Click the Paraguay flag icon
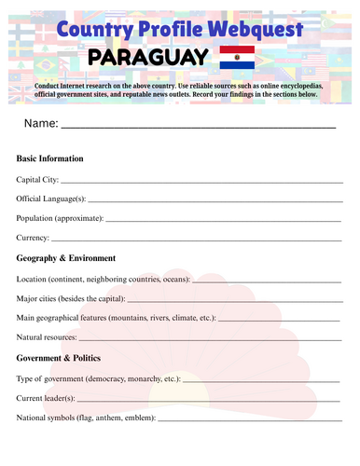point(237,60)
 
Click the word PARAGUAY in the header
point(147,61)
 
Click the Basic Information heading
point(50,158)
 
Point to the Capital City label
point(37,179)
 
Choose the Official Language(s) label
point(51,199)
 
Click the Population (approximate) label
point(60,218)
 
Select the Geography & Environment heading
point(66,258)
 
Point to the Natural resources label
point(48,337)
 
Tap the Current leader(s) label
point(47,398)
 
